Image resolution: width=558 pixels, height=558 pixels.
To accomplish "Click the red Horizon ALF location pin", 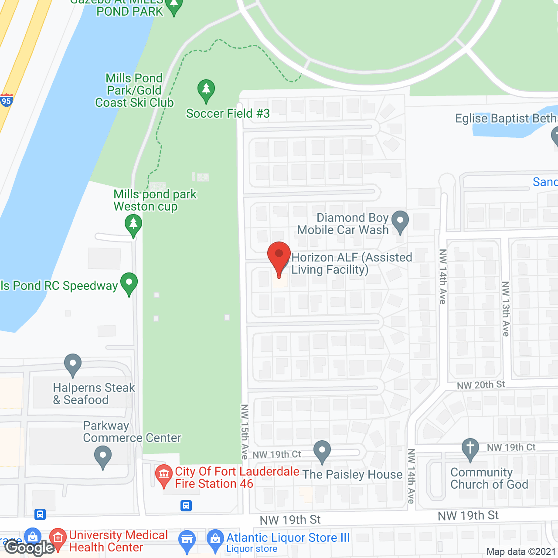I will pyautogui.click(x=279, y=258).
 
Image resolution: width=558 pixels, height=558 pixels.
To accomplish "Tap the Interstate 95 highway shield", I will pyautogui.click(x=6, y=101).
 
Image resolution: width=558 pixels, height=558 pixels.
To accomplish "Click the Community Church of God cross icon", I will pyautogui.click(x=470, y=449).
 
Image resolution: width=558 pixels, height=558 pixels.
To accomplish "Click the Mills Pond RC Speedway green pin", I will pyautogui.click(x=129, y=283).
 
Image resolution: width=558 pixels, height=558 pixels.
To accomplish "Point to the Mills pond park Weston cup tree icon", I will pyautogui.click(x=133, y=226).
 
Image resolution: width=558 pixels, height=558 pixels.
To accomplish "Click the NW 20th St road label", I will pyautogui.click(x=480, y=385).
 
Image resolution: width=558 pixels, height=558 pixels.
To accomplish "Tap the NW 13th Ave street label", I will pyautogui.click(x=506, y=309).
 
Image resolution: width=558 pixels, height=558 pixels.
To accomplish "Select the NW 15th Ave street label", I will pyautogui.click(x=245, y=432).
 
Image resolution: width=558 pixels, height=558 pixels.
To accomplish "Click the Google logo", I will pyautogui.click(x=30, y=548).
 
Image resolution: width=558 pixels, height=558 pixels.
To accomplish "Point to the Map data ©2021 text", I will pyautogui.click(x=521, y=552).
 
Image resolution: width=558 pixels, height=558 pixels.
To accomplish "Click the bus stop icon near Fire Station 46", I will pyautogui.click(x=186, y=506).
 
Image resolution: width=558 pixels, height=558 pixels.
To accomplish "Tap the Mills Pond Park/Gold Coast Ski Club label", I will pyautogui.click(x=134, y=90).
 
